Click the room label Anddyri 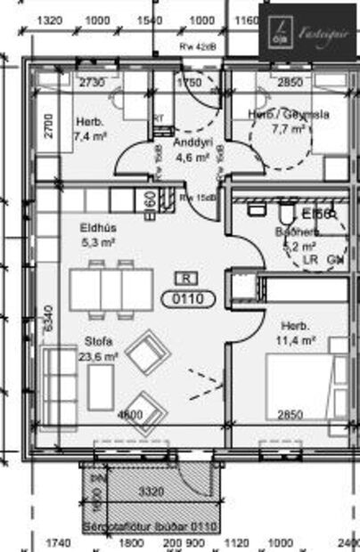[x=192, y=142]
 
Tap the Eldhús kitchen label [x=99, y=227]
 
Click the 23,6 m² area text [x=100, y=356]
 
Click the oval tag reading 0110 [x=187, y=299]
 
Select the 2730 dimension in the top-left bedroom [x=93, y=83]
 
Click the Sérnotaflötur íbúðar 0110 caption [x=150, y=527]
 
